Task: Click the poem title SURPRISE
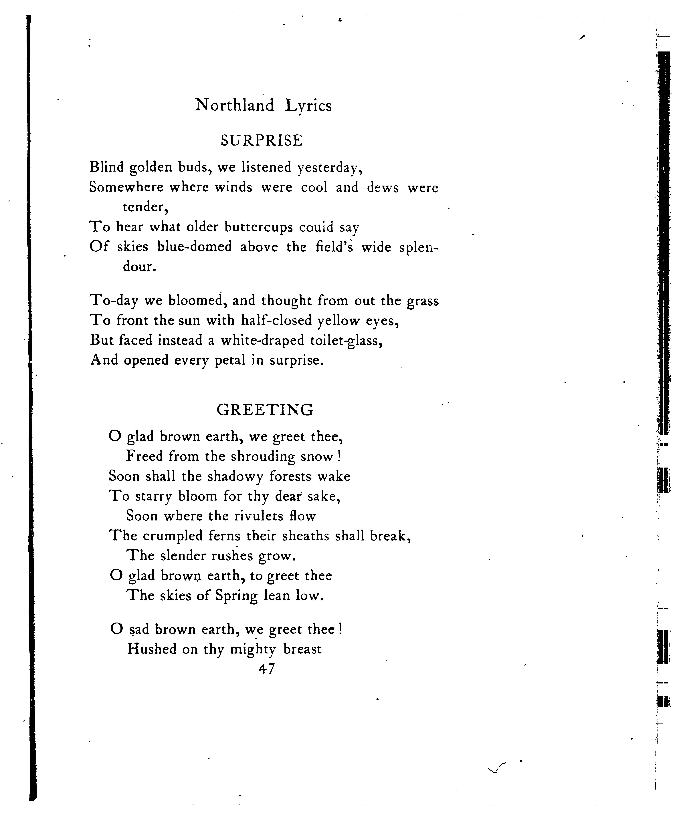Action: tap(262, 140)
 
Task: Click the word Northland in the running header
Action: tap(235, 105)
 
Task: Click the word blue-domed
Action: tap(194, 247)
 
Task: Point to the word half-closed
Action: tap(276, 321)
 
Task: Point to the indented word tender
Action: tap(145, 207)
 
